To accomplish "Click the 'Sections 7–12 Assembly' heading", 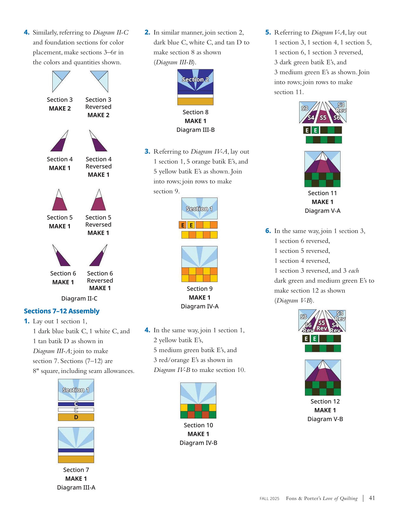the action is [x=61, y=311].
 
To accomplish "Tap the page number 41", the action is [x=372, y=498].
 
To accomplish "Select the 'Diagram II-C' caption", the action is [x=79, y=298].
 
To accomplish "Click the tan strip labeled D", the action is [x=76, y=417].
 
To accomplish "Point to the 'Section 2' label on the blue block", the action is [x=195, y=79].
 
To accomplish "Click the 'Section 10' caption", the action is [x=198, y=425].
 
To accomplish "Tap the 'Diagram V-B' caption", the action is [x=325, y=419].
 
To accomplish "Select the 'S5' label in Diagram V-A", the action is [x=323, y=118].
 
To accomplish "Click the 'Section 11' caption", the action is [x=322, y=193].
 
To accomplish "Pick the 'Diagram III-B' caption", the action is [x=196, y=130].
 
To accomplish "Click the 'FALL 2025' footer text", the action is [x=269, y=498].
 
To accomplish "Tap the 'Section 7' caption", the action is [x=76, y=470].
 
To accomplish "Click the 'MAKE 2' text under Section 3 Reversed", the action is [x=98, y=115].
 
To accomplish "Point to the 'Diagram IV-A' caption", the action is [x=200, y=306].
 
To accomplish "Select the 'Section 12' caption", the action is [x=325, y=401].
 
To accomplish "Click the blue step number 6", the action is [x=268, y=231].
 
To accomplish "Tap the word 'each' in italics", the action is [x=354, y=271].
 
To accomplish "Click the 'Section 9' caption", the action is [x=200, y=289].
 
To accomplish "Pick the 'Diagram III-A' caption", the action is [x=76, y=487].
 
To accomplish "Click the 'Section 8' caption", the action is [x=196, y=112].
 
